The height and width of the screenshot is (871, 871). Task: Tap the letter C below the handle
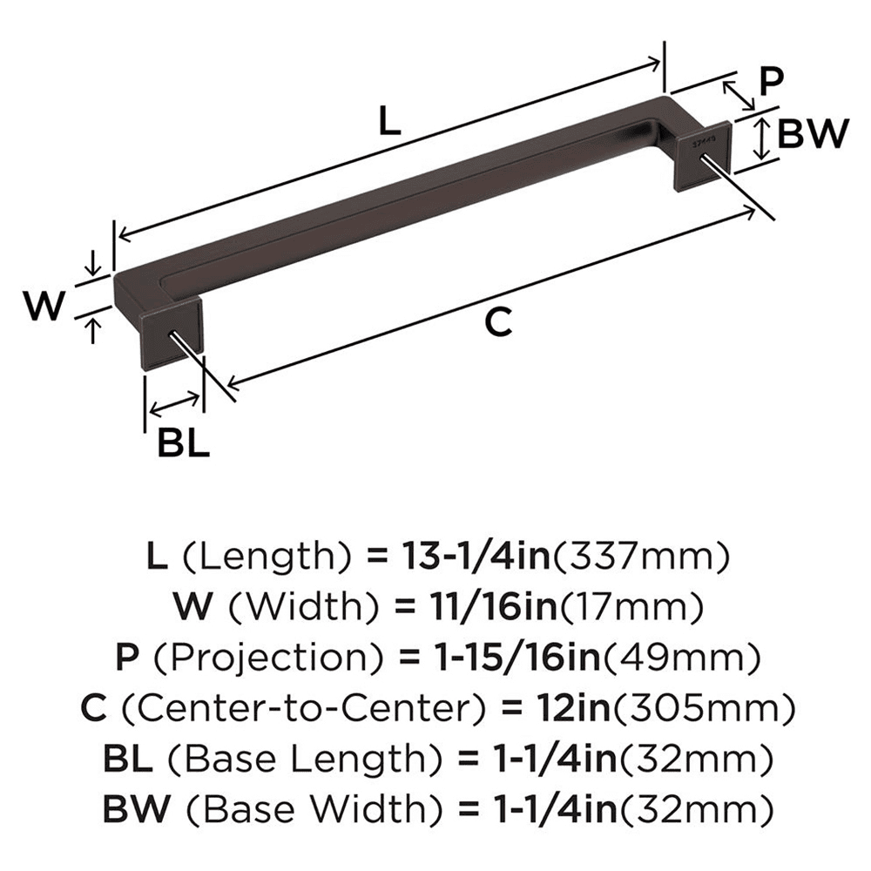point(496,322)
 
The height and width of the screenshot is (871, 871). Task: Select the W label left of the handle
point(44,306)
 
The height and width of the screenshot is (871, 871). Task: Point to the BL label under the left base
point(183,443)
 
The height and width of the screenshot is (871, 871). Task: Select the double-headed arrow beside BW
point(762,137)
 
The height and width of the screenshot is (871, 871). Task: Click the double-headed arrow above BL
point(174,402)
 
